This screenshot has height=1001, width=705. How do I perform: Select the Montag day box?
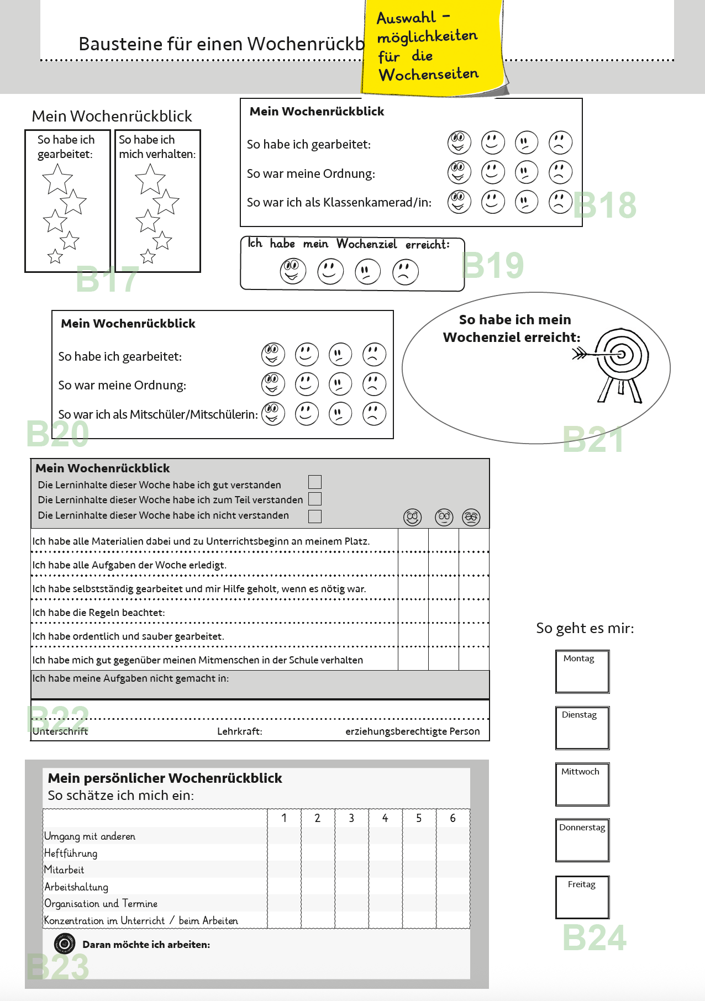point(582,672)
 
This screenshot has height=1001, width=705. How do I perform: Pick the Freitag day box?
point(582,897)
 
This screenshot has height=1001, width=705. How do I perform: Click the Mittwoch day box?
point(582,784)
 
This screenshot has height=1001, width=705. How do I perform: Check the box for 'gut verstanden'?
point(315,482)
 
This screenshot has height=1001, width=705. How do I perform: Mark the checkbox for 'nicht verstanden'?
point(315,516)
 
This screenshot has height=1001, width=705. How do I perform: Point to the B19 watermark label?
point(493,265)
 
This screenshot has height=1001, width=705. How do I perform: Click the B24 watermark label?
point(594,938)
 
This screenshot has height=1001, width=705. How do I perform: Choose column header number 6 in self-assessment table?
point(453,818)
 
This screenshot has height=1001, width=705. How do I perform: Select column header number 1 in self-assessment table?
point(284,818)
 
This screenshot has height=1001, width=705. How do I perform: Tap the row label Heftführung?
point(71,854)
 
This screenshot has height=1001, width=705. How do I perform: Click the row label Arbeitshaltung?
point(76,887)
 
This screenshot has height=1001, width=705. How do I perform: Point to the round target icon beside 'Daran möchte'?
point(65,944)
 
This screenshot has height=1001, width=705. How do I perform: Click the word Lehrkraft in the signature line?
point(239,731)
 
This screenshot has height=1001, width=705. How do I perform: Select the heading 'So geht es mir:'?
point(585,628)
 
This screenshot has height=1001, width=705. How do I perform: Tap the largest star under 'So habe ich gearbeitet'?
point(57,180)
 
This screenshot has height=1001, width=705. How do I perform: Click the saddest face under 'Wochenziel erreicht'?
point(406,272)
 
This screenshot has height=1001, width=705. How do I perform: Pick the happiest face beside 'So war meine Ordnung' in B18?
point(459,172)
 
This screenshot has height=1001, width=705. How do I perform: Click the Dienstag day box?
point(582,728)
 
